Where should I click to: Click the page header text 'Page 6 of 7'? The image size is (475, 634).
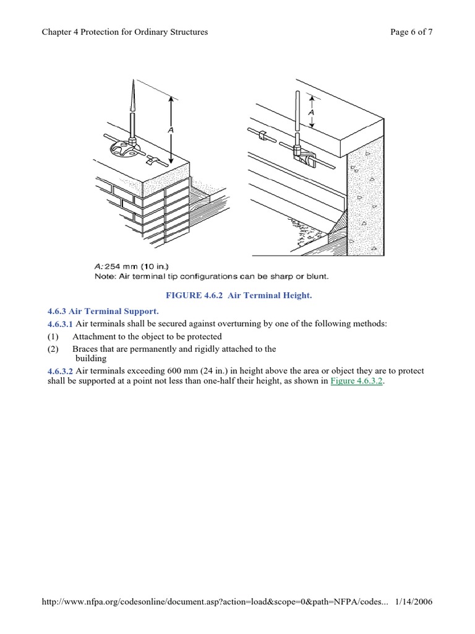(411, 33)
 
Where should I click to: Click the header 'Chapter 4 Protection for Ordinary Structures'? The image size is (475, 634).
(124, 33)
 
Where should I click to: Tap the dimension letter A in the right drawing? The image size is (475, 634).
(312, 112)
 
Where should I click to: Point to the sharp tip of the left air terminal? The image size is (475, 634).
(132, 82)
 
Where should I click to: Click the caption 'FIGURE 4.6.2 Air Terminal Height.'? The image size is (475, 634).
(237, 296)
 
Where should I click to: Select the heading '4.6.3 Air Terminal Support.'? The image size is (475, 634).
(103, 311)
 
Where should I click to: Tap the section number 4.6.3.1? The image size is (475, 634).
(60, 324)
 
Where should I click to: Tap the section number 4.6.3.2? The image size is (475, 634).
(60, 371)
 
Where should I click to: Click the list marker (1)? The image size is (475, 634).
(53, 337)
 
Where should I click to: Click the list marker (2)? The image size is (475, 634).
(53, 349)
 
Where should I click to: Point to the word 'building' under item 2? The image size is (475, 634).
(91, 358)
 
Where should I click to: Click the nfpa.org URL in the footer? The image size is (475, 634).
(213, 601)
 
